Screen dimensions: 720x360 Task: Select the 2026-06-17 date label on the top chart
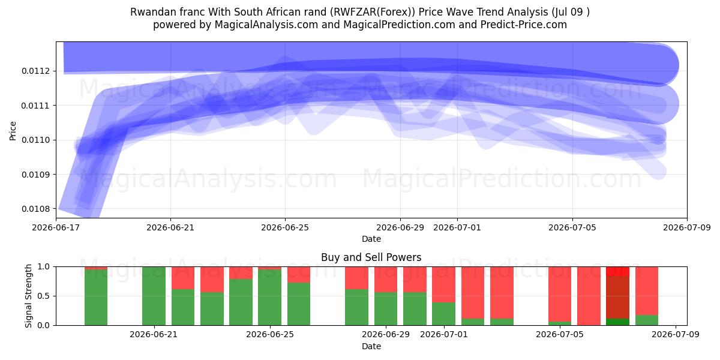[x=56, y=227]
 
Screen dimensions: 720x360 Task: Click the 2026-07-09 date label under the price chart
[x=687, y=227]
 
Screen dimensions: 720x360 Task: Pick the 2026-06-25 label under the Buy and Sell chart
[x=270, y=334]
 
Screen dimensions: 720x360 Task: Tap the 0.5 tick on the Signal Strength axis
[x=44, y=296]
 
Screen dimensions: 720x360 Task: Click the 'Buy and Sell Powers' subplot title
[x=371, y=257]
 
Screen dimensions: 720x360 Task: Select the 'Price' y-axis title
[x=13, y=131]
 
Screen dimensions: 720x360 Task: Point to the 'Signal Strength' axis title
[x=29, y=296]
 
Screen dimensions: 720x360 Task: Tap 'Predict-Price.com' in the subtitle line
[x=524, y=25]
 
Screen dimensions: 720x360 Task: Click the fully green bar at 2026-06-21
[x=154, y=296]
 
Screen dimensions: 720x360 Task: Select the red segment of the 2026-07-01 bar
[x=443, y=284]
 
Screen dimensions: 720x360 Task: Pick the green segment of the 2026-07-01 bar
[x=443, y=314]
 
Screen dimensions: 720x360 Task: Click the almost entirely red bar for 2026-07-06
[x=589, y=296]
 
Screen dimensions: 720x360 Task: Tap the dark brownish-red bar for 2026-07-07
[x=618, y=298]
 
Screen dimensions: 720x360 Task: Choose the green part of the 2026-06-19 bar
[x=96, y=298]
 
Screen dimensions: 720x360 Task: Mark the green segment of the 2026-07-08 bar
[x=647, y=320]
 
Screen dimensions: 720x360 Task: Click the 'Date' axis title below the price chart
[x=371, y=239]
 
